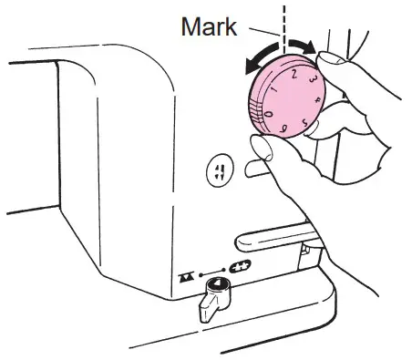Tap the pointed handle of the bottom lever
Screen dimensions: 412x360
point(207,314)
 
